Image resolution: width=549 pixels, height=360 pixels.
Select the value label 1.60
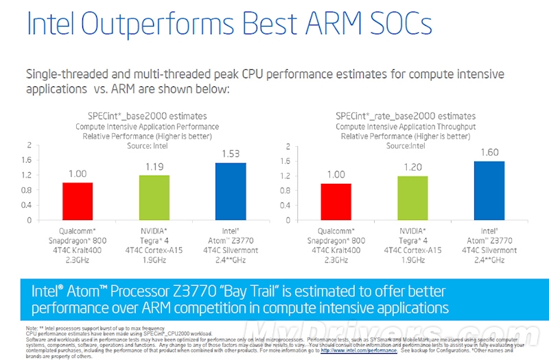[x=489, y=153]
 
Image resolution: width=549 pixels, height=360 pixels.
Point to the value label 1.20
[x=412, y=167]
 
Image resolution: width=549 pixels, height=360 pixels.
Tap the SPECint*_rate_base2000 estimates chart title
[x=406, y=116]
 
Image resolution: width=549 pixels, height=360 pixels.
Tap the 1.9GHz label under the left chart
[x=154, y=261]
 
